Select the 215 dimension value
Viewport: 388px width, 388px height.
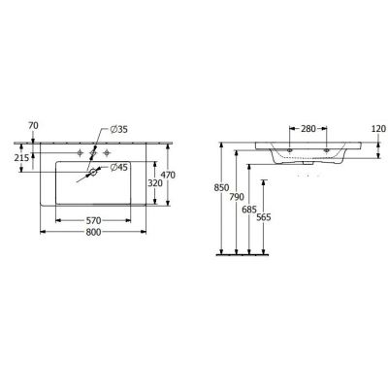pos(20,157)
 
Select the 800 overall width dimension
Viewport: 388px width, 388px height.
pos(93,234)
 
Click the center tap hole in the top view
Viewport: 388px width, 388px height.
pos(93,153)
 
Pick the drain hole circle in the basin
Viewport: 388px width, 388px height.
pos(93,173)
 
